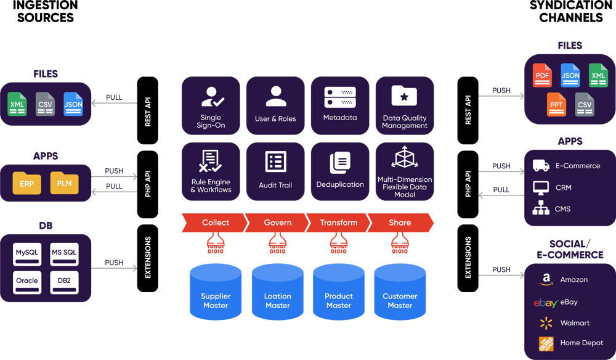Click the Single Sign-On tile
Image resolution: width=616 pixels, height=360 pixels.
click(x=211, y=105)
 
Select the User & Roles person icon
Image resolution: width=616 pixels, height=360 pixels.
click(x=275, y=97)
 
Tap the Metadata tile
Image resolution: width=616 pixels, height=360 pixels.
click(x=339, y=105)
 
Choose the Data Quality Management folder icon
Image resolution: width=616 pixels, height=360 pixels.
click(x=404, y=96)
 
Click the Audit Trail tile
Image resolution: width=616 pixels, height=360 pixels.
click(x=275, y=171)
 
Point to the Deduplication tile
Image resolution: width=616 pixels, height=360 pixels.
click(x=339, y=171)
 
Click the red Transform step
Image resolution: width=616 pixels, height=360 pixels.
click(x=338, y=223)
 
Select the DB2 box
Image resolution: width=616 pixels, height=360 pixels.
click(x=65, y=280)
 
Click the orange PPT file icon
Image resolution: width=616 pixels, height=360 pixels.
click(x=556, y=104)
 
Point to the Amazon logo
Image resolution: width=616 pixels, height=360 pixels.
click(x=545, y=280)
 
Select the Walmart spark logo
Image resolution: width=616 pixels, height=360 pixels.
click(x=545, y=323)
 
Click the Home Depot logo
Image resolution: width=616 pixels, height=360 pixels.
click(x=546, y=343)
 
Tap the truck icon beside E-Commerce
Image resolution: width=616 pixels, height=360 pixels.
click(x=541, y=166)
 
